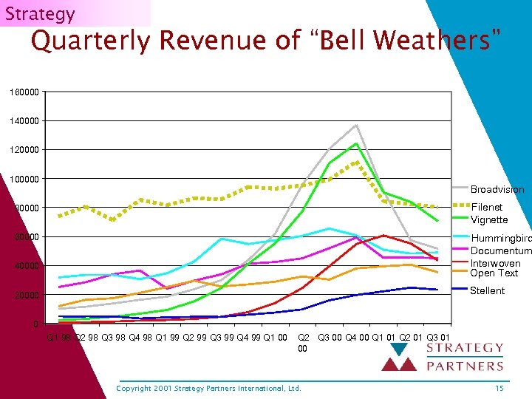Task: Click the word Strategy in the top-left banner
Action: (x=40, y=13)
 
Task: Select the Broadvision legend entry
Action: (x=497, y=190)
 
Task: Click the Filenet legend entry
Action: (x=486, y=208)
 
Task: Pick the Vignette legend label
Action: (x=489, y=219)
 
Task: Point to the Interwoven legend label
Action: (x=495, y=263)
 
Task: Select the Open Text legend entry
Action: (x=493, y=273)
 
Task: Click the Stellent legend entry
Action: (x=487, y=290)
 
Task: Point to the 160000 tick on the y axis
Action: (x=23, y=92)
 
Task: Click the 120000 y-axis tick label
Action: (x=23, y=150)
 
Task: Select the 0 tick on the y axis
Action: (x=35, y=324)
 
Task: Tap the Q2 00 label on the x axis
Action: (x=303, y=343)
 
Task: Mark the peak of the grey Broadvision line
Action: (x=356, y=125)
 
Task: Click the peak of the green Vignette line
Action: (x=356, y=143)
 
